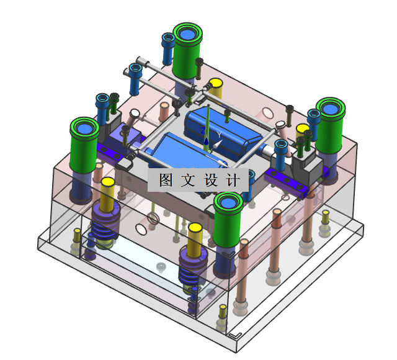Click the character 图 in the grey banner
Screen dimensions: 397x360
(166, 180)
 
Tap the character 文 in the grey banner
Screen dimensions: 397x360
(188, 180)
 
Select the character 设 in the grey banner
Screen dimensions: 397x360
(211, 180)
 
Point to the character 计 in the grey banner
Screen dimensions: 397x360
(233, 180)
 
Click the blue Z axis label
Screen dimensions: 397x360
(203, 131)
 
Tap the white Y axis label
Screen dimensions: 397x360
(219, 135)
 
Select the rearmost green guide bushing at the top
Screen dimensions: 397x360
(187, 51)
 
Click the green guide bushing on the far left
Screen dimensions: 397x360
(84, 145)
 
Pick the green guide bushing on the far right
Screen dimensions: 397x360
(331, 125)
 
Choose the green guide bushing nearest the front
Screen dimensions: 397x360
(228, 219)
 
